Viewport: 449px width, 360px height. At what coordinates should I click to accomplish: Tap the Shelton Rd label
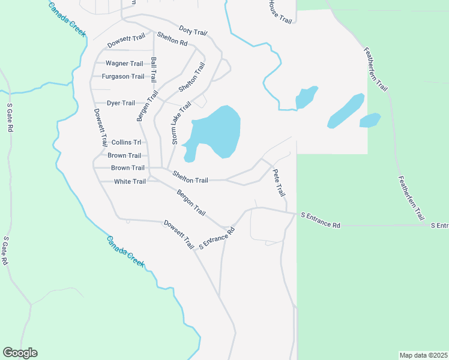172,40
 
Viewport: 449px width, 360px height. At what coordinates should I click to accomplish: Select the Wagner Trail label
124,64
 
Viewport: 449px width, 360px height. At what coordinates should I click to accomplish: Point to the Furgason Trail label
123,77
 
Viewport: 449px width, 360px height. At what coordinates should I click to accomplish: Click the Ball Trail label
154,70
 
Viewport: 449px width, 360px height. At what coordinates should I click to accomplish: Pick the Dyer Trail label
121,103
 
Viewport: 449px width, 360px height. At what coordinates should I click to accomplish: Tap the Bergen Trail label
148,106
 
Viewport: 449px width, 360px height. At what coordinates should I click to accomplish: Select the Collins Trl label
126,143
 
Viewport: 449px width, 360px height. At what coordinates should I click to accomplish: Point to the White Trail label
130,182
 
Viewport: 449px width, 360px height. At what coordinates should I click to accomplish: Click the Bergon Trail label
191,203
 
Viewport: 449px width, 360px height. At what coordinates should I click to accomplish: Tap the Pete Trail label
279,183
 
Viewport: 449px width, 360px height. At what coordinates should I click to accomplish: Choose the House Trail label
280,11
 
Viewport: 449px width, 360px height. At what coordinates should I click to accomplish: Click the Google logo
20,353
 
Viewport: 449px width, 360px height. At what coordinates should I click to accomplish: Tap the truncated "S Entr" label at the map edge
439,226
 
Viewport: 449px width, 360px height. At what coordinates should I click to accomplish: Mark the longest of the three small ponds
346,110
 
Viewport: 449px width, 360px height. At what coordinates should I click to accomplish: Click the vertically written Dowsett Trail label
100,127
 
